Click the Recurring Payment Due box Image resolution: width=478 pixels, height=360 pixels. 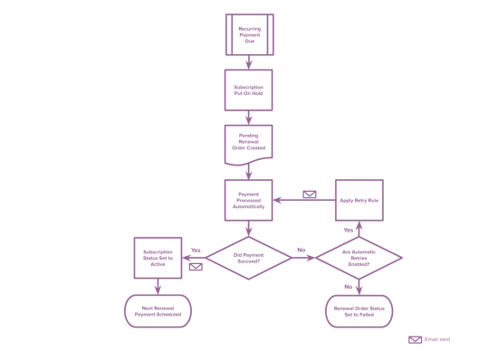(x=249, y=34)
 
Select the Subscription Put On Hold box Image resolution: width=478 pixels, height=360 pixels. (x=249, y=90)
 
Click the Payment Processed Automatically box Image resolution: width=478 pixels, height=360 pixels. (x=249, y=200)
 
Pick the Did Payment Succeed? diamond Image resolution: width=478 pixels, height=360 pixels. (x=249, y=257)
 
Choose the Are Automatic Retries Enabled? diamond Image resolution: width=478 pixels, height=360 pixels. (x=358, y=257)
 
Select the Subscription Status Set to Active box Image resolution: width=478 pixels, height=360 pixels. (x=159, y=257)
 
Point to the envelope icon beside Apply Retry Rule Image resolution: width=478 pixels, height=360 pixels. (x=310, y=194)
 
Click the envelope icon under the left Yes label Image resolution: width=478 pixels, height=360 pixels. (x=196, y=266)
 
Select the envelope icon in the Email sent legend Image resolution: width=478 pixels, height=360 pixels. (x=415, y=339)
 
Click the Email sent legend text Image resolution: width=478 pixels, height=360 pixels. (x=438, y=339)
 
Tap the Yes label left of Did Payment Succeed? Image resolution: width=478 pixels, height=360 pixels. (x=196, y=250)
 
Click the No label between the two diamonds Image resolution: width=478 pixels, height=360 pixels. (x=301, y=250)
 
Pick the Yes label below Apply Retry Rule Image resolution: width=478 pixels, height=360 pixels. (x=348, y=230)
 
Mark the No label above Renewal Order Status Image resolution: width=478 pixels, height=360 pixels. (x=348, y=286)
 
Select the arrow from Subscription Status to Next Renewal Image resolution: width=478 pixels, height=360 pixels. (x=159, y=285)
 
